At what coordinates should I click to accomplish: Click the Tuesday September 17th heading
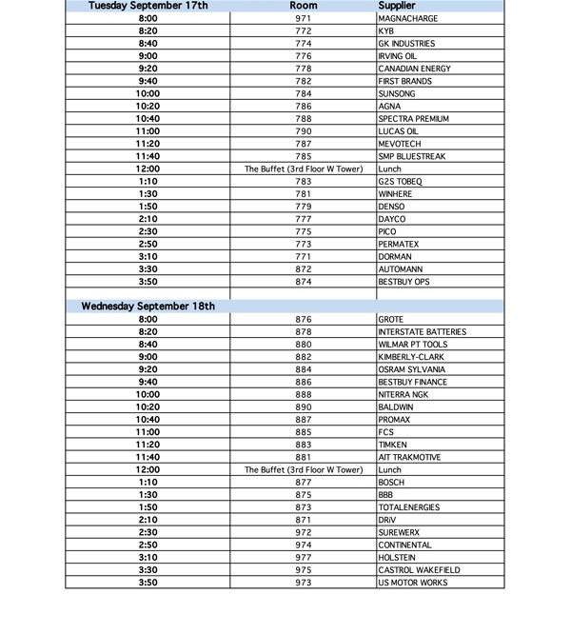pyautogui.click(x=148, y=6)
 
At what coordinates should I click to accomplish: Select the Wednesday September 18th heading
pyautogui.click(x=148, y=307)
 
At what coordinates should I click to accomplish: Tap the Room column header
pyautogui.click(x=304, y=6)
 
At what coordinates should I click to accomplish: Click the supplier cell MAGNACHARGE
pyautogui.click(x=407, y=18)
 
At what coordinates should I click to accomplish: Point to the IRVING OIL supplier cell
pyautogui.click(x=398, y=56)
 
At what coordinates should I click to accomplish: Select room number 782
pyautogui.click(x=304, y=81)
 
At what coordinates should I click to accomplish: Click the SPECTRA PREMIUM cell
pyautogui.click(x=413, y=119)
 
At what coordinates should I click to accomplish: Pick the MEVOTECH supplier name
pyautogui.click(x=400, y=144)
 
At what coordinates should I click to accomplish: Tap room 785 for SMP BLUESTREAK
pyautogui.click(x=304, y=156)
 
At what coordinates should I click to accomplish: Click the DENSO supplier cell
pyautogui.click(x=391, y=207)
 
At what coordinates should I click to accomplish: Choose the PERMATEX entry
pyautogui.click(x=398, y=245)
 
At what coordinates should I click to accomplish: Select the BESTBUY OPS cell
pyautogui.click(x=404, y=282)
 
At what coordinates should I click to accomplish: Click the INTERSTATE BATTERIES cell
pyautogui.click(x=422, y=332)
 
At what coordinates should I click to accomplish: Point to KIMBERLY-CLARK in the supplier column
pyautogui.click(x=411, y=357)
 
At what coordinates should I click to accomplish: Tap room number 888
pyautogui.click(x=304, y=394)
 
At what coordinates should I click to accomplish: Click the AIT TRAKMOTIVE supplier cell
pyautogui.click(x=410, y=457)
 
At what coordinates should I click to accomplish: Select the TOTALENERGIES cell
pyautogui.click(x=409, y=507)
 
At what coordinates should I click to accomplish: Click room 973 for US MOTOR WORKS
pyautogui.click(x=304, y=583)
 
